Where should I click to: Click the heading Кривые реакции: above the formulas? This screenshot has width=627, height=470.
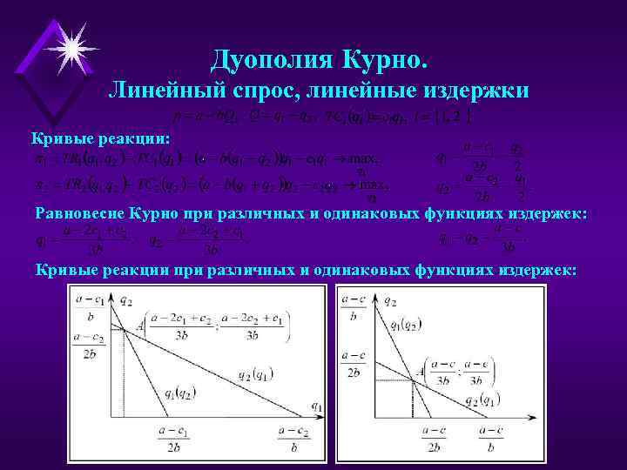click(101, 139)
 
